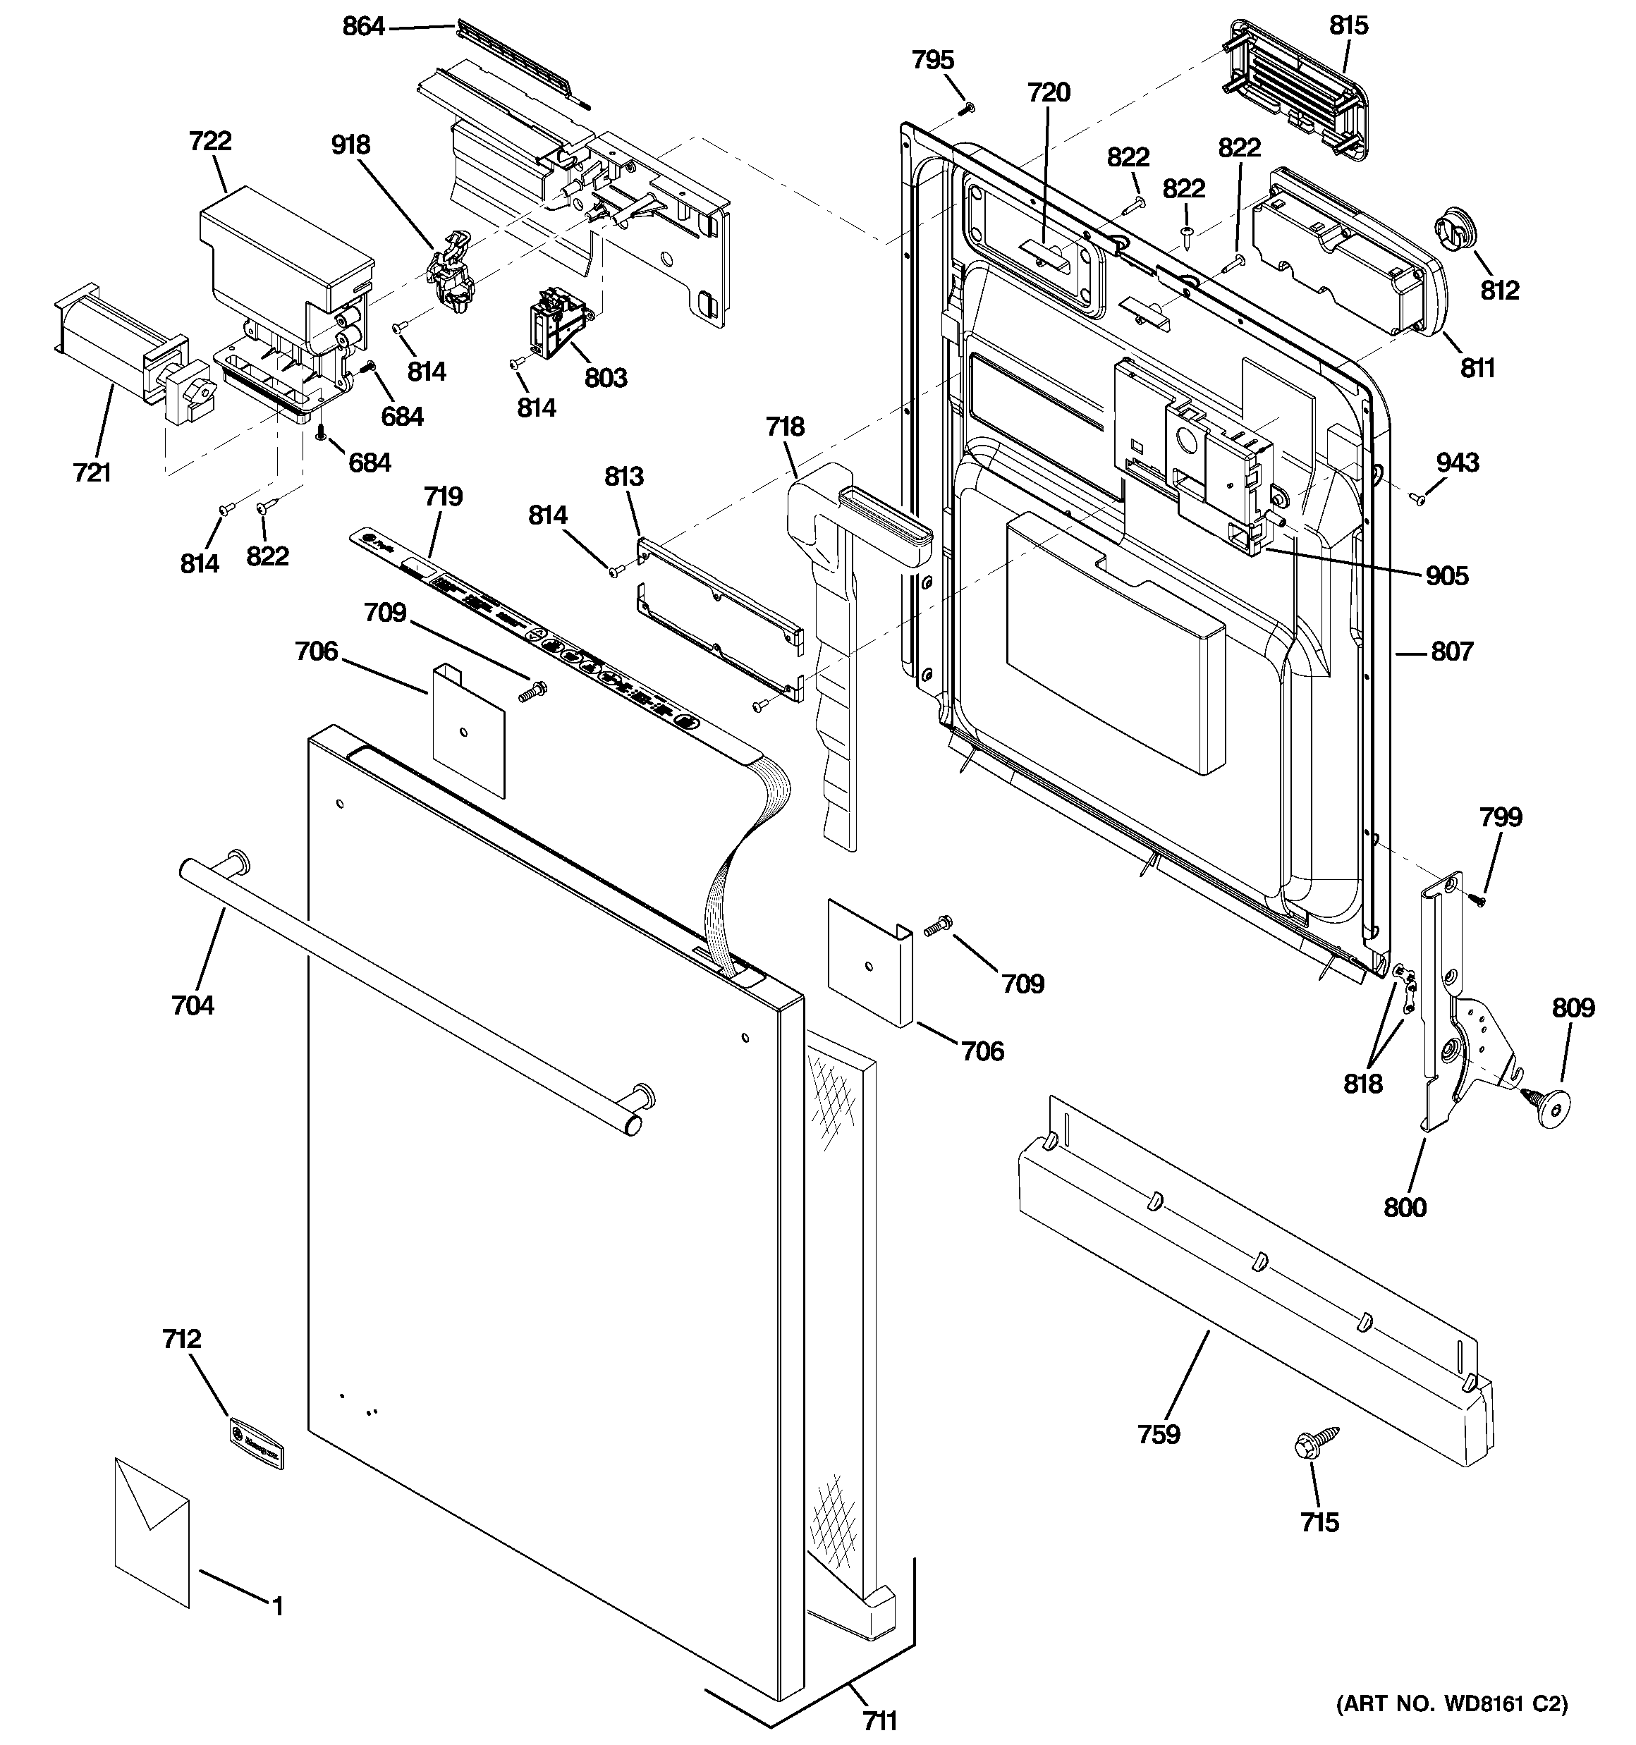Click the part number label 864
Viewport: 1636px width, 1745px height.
(x=362, y=27)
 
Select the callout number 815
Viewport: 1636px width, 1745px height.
(x=1348, y=25)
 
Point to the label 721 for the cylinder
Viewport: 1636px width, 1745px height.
(x=92, y=473)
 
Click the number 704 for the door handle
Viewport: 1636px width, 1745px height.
(x=193, y=1004)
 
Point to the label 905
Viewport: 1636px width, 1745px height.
(x=1446, y=576)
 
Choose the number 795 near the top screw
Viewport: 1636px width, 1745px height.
(x=933, y=60)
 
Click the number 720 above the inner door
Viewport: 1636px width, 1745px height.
(x=1049, y=92)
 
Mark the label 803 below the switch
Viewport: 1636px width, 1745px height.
(x=605, y=379)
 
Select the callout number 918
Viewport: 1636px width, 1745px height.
(x=350, y=144)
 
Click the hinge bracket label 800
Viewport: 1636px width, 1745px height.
(x=1404, y=1208)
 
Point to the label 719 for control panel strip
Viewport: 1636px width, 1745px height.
(x=443, y=497)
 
